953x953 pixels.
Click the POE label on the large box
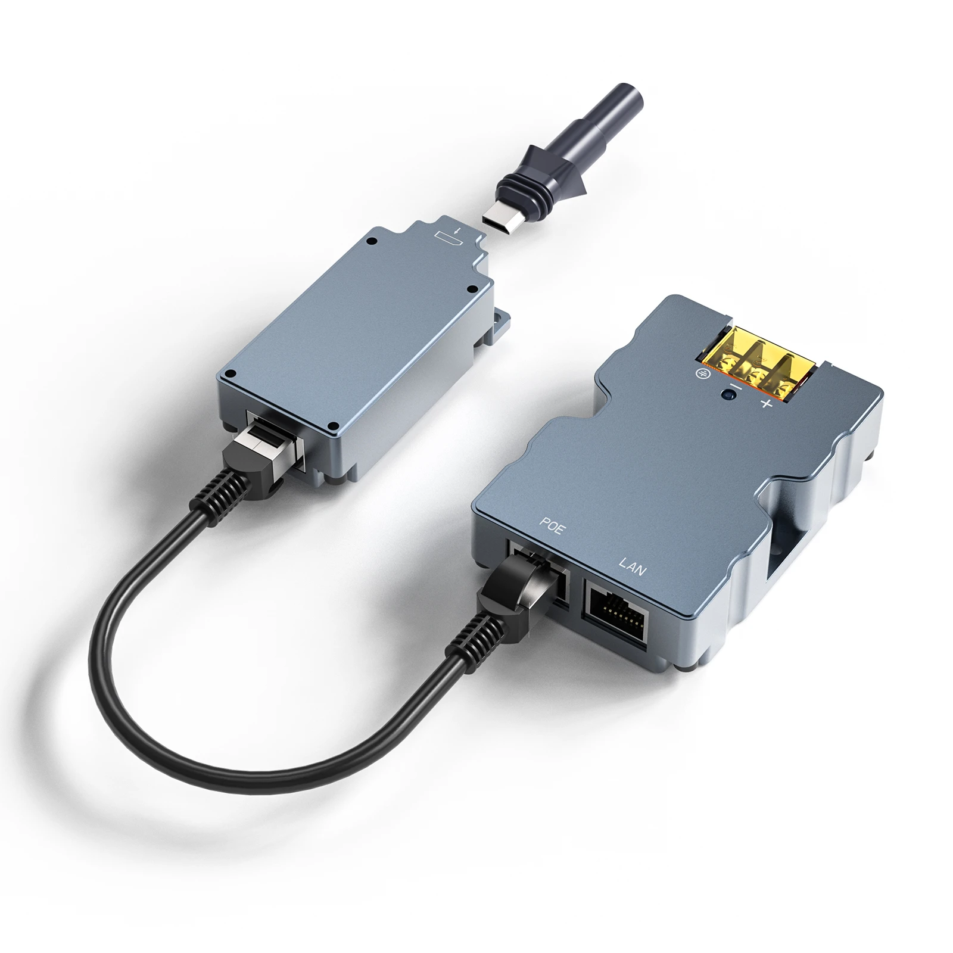coord(550,527)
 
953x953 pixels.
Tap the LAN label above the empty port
coord(632,566)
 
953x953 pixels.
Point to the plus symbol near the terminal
coord(767,405)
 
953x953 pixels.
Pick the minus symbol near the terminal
coord(737,388)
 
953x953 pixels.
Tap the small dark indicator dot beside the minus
coord(725,394)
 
